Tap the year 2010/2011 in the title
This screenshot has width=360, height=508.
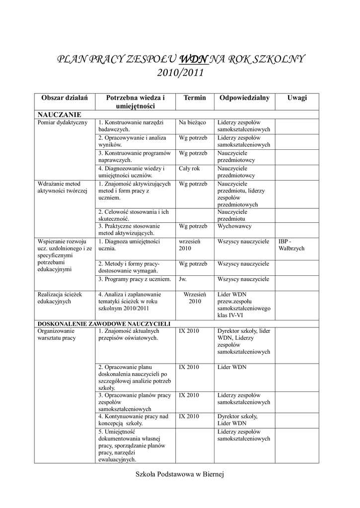[x=180, y=73]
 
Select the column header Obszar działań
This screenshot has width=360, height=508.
[x=65, y=98]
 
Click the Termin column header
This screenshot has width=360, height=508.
[x=194, y=98]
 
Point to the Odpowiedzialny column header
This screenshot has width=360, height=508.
[x=244, y=98]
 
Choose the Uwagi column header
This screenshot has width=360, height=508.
[x=297, y=98]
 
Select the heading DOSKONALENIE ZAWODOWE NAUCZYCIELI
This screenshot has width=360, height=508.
[x=104, y=323]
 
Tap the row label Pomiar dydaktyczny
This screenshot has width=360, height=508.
[x=63, y=123]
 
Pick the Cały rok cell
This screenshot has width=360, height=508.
[x=189, y=169]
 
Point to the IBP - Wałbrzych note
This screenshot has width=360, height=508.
[x=291, y=245]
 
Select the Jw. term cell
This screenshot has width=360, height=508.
[x=183, y=279]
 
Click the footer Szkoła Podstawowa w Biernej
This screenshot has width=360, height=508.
[x=180, y=475]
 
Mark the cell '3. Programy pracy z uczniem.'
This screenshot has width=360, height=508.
[x=135, y=279]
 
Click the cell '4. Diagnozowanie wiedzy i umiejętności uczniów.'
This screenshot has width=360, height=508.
[x=131, y=172]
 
